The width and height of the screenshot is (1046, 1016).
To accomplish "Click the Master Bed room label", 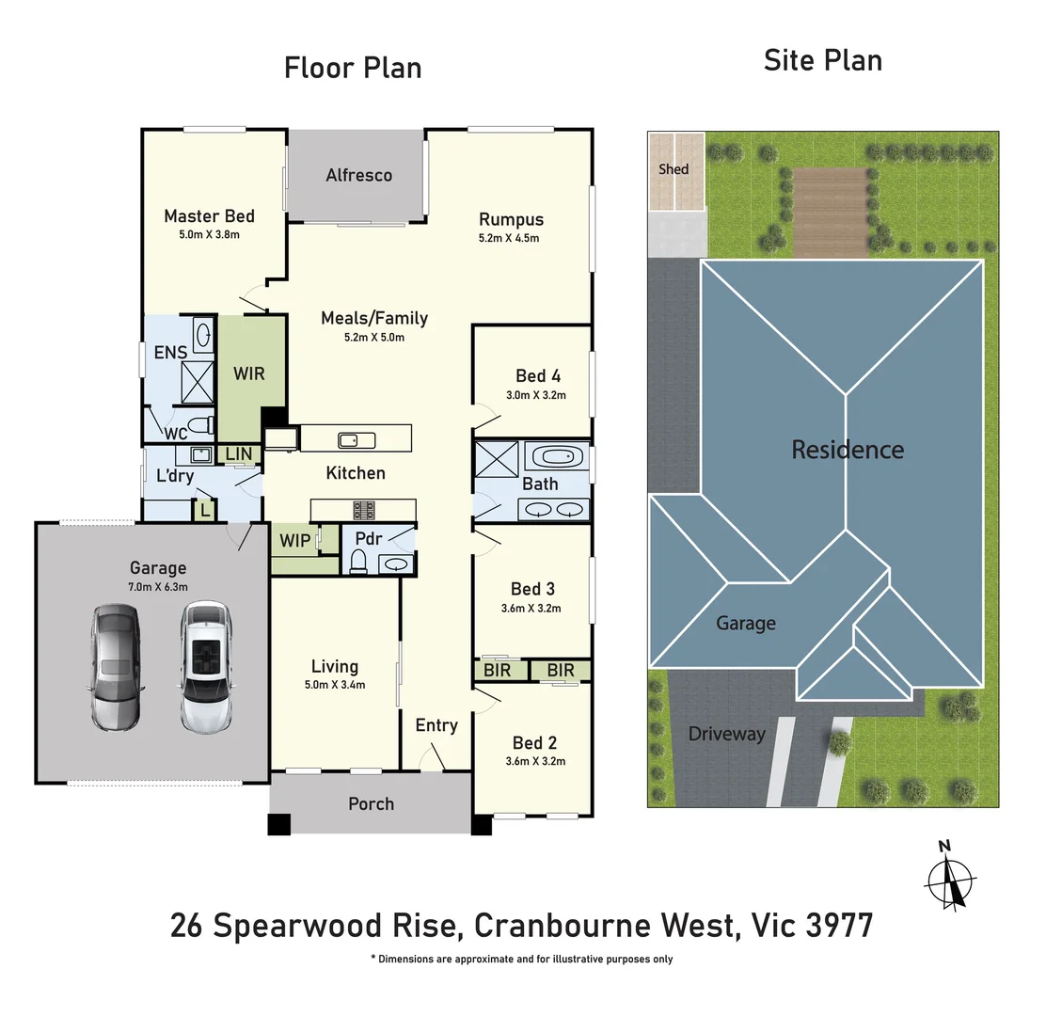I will tap(209, 216).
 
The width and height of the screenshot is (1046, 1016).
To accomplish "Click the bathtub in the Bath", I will tap(560, 458).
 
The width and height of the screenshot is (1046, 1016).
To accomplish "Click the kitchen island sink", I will tap(357, 439).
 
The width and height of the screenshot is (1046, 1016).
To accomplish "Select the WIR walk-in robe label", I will tap(249, 373).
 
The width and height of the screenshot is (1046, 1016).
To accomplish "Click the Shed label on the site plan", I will tap(674, 169).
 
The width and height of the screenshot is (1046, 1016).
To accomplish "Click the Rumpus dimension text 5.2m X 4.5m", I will tap(509, 238).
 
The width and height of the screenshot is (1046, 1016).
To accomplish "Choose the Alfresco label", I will tap(358, 175).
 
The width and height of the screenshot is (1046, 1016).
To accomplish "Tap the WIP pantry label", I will tap(294, 541).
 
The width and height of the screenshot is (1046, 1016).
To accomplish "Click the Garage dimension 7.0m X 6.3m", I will tap(158, 586).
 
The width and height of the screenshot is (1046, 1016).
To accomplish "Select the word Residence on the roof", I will tap(847, 450).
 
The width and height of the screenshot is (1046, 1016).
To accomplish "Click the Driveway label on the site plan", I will tap(726, 734).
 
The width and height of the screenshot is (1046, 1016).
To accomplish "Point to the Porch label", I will tap(371, 803).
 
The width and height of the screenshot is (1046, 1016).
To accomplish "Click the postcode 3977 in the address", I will tap(839, 926).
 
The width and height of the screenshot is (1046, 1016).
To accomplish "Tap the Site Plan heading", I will tap(822, 61).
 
